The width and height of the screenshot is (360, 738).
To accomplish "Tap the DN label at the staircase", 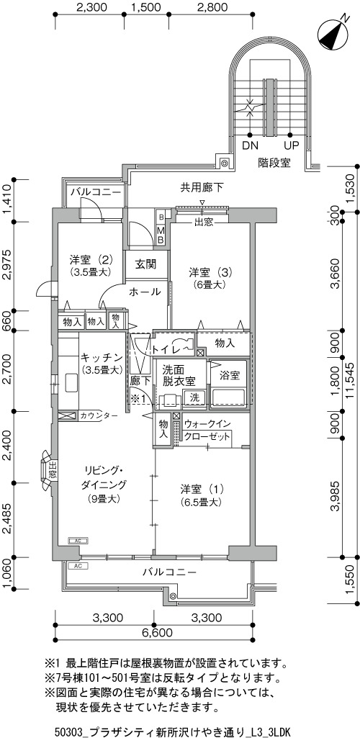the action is pos(251,145).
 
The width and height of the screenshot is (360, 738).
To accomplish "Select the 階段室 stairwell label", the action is pos(274,163).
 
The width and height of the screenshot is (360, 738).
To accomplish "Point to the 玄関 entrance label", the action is pos(146,264).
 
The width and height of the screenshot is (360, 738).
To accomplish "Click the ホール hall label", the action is pos(145,292).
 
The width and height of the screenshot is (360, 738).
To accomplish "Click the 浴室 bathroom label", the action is pos(230,376).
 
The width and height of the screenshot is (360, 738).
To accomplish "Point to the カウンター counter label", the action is pos(96,415).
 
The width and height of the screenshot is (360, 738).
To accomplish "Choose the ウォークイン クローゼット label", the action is pos(207,429).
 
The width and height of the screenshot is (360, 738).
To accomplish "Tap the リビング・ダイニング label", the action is pos(104,477).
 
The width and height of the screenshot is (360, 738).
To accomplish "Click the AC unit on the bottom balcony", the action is pos(78,566).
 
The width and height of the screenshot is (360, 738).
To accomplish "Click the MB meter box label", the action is pos(161,235).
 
